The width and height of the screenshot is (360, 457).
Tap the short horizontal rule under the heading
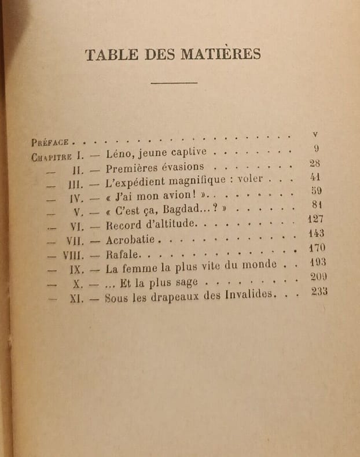(x=174, y=83)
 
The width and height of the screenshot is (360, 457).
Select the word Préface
(x=51, y=141)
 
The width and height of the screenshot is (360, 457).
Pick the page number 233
(x=319, y=291)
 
